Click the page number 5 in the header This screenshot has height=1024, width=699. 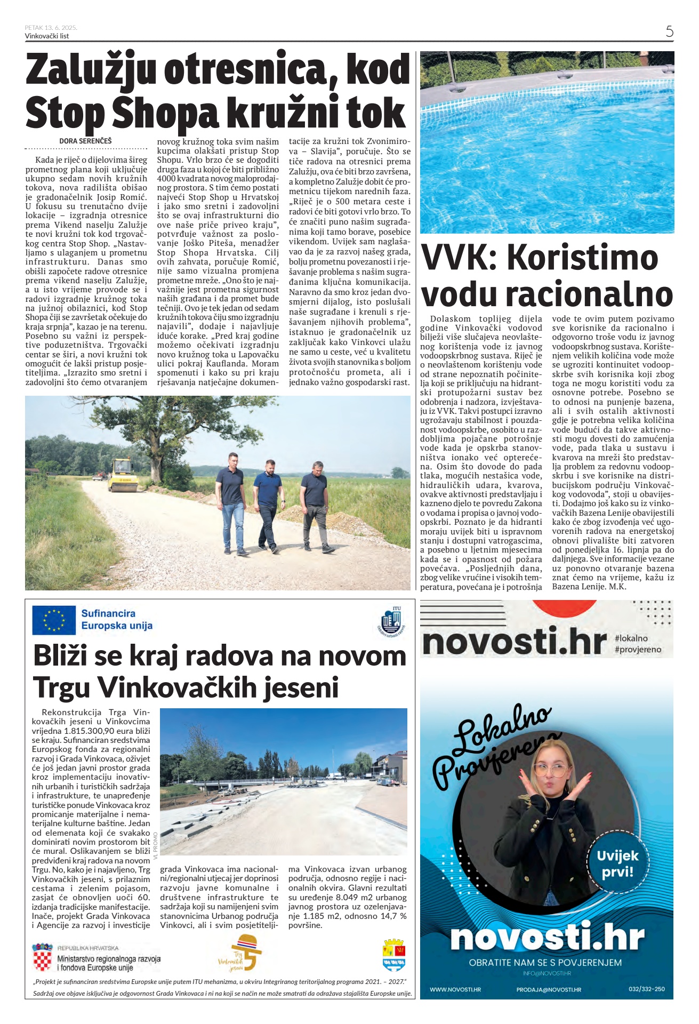(669, 31)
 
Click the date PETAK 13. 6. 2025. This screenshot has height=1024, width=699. (51, 28)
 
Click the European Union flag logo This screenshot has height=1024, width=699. (54, 620)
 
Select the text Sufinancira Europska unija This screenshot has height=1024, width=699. (117, 620)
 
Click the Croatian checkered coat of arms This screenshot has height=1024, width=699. (43, 958)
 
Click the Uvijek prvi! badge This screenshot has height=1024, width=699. (617, 865)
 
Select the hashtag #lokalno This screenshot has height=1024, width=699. (631, 638)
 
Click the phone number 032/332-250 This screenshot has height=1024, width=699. (646, 989)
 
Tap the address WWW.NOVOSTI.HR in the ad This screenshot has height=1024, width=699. (455, 989)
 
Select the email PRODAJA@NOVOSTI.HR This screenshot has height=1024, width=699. (548, 989)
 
